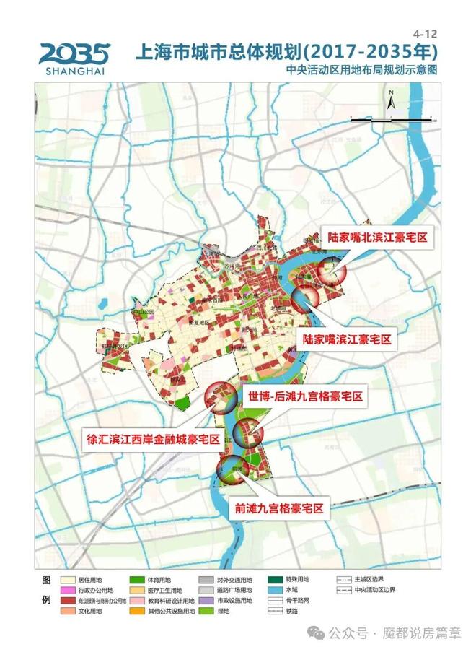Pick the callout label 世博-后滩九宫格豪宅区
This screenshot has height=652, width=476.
[305, 397]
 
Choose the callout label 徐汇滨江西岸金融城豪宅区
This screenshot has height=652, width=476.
[153, 438]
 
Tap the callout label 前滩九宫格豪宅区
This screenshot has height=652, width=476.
[277, 508]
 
